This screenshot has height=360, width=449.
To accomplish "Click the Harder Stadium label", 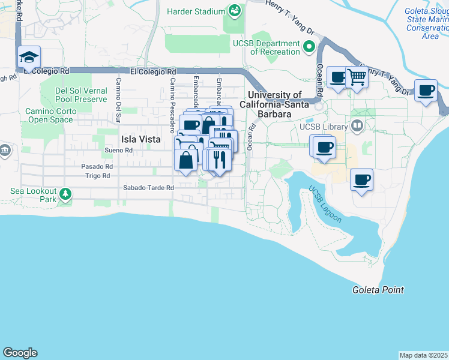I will click(x=195, y=11).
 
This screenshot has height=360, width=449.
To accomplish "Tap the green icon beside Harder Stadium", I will click(x=234, y=11).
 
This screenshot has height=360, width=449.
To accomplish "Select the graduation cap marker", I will click(x=29, y=58).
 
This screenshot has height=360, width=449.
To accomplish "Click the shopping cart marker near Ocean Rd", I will click(x=357, y=77).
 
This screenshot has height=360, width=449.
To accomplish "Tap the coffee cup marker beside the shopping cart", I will click(x=338, y=77).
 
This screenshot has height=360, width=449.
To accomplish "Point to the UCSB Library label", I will click(x=324, y=127).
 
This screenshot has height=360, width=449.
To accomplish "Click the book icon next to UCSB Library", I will click(x=358, y=126).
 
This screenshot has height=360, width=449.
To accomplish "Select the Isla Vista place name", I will click(x=141, y=139).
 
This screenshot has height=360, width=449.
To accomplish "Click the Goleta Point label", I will click(x=378, y=290).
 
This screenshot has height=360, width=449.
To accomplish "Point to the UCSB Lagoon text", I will click(x=325, y=204).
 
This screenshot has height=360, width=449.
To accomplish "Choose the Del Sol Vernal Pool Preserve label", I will click(x=81, y=95).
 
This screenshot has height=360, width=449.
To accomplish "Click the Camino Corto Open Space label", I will click(x=53, y=115).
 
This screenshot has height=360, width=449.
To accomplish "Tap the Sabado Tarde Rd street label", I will click(x=148, y=188).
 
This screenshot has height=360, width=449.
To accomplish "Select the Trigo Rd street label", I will click(x=97, y=176).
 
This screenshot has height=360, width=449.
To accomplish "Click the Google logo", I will click(x=20, y=353).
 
